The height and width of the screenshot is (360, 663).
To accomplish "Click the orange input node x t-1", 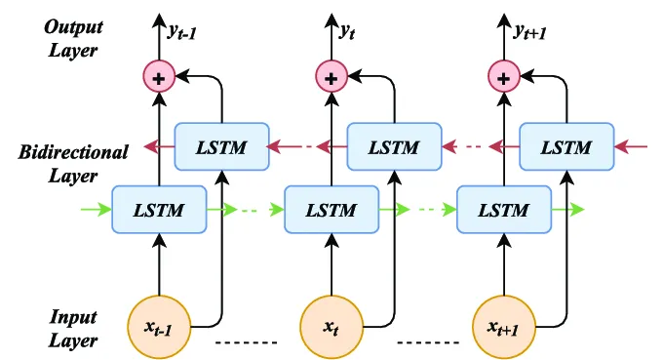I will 159,325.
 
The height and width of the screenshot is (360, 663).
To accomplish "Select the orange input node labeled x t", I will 331,325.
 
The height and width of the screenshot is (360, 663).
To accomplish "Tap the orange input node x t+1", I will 502,325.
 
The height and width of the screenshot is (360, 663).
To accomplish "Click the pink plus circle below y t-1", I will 159,75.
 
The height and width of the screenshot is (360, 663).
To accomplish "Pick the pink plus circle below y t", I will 331,75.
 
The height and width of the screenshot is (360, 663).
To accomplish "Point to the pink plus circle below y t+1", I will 502,75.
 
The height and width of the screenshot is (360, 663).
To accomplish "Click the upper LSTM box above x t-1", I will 221,147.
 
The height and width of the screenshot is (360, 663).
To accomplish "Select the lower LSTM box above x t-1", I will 159,209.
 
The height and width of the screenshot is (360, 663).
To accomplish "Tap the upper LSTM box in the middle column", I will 394,147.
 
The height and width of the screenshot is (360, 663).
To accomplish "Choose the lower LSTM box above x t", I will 331,209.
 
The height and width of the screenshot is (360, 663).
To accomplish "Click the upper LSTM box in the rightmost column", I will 565,147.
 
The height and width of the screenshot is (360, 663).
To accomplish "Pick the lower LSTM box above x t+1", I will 502,209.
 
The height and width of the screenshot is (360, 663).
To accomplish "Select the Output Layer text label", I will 72,37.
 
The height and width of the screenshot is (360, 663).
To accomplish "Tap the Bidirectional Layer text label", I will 73,164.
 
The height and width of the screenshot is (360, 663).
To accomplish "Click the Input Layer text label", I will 72,329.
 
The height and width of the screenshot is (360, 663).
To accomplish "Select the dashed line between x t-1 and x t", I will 246,342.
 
